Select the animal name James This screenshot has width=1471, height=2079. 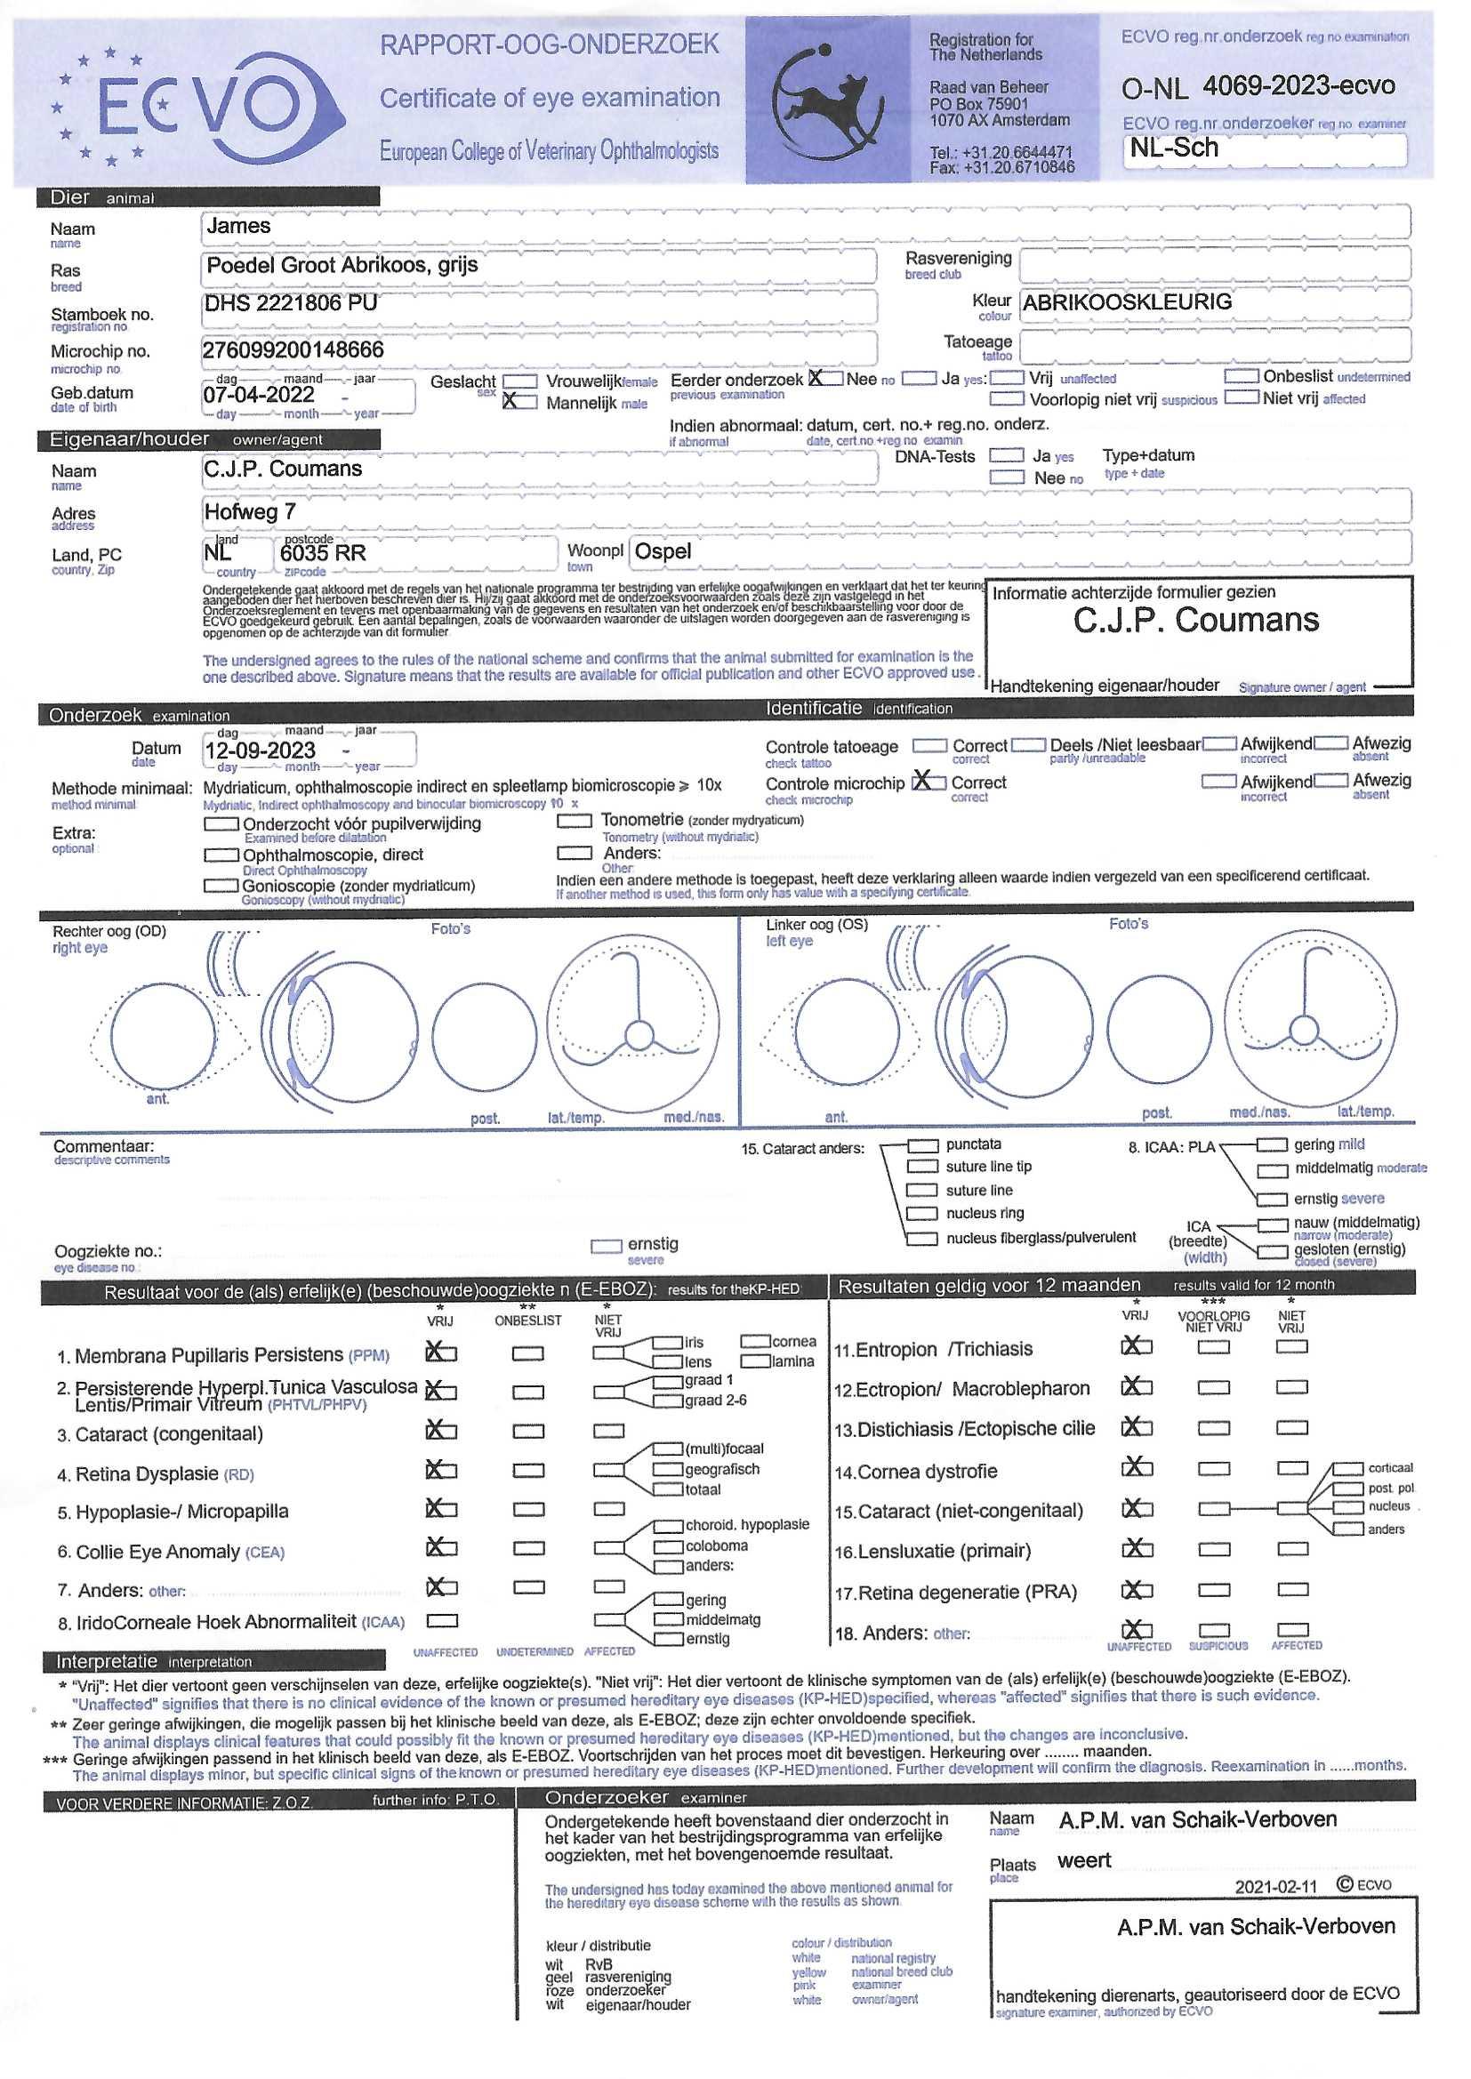tap(238, 226)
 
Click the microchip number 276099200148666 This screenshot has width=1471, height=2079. tap(293, 349)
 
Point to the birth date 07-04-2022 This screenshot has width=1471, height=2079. tap(258, 395)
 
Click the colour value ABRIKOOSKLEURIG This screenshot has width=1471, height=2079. tap(1127, 302)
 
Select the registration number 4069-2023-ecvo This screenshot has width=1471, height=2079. tap(1298, 86)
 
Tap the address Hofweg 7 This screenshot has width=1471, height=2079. tap(250, 511)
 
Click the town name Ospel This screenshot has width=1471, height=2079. tap(663, 551)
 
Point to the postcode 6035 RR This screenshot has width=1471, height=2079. tap(323, 553)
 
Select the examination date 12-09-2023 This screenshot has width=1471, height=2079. tap(260, 751)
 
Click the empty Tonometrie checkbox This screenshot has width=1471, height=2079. tap(574, 821)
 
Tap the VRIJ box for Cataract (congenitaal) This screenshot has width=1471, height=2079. tap(441, 1431)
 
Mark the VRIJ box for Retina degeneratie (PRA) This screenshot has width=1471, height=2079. tap(1137, 1590)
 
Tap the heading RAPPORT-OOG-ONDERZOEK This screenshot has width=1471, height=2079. tap(549, 44)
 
